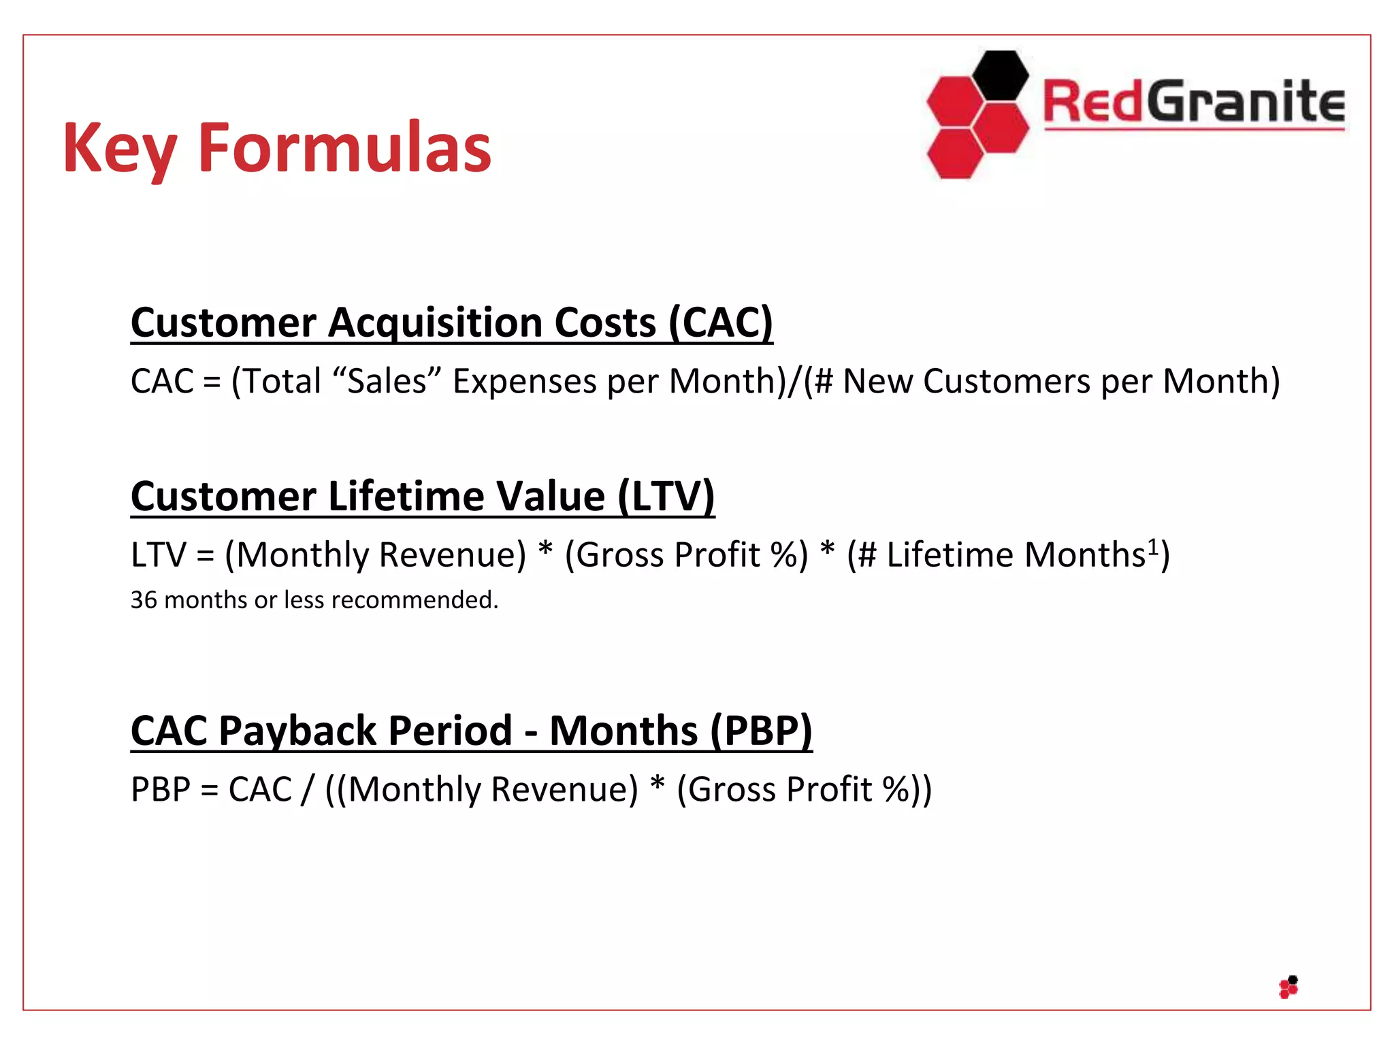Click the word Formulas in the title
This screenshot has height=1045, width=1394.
point(344,148)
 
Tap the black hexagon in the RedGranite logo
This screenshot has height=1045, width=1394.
point(1000,75)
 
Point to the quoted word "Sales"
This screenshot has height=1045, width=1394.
point(387,381)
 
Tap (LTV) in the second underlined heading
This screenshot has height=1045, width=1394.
point(666,496)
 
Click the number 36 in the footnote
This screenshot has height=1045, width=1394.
point(144,600)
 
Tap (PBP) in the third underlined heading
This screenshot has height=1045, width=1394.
point(761,731)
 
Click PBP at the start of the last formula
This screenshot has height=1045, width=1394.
point(161,790)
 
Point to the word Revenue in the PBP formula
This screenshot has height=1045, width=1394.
point(564,790)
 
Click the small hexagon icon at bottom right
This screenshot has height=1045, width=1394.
point(1288,987)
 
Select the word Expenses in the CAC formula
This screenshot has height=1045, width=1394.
point(524,382)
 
